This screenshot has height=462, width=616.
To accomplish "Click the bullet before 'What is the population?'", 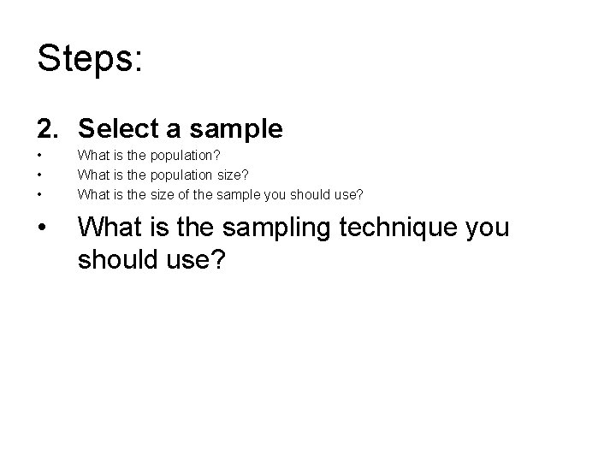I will (40, 156).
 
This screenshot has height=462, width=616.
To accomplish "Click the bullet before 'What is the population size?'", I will (40, 175).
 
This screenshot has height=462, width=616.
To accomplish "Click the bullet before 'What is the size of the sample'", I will (40, 195).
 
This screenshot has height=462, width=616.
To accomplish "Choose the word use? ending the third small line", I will (349, 195).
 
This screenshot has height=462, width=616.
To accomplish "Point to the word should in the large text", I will (116, 260).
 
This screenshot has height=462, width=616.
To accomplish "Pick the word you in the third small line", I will (275, 195).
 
